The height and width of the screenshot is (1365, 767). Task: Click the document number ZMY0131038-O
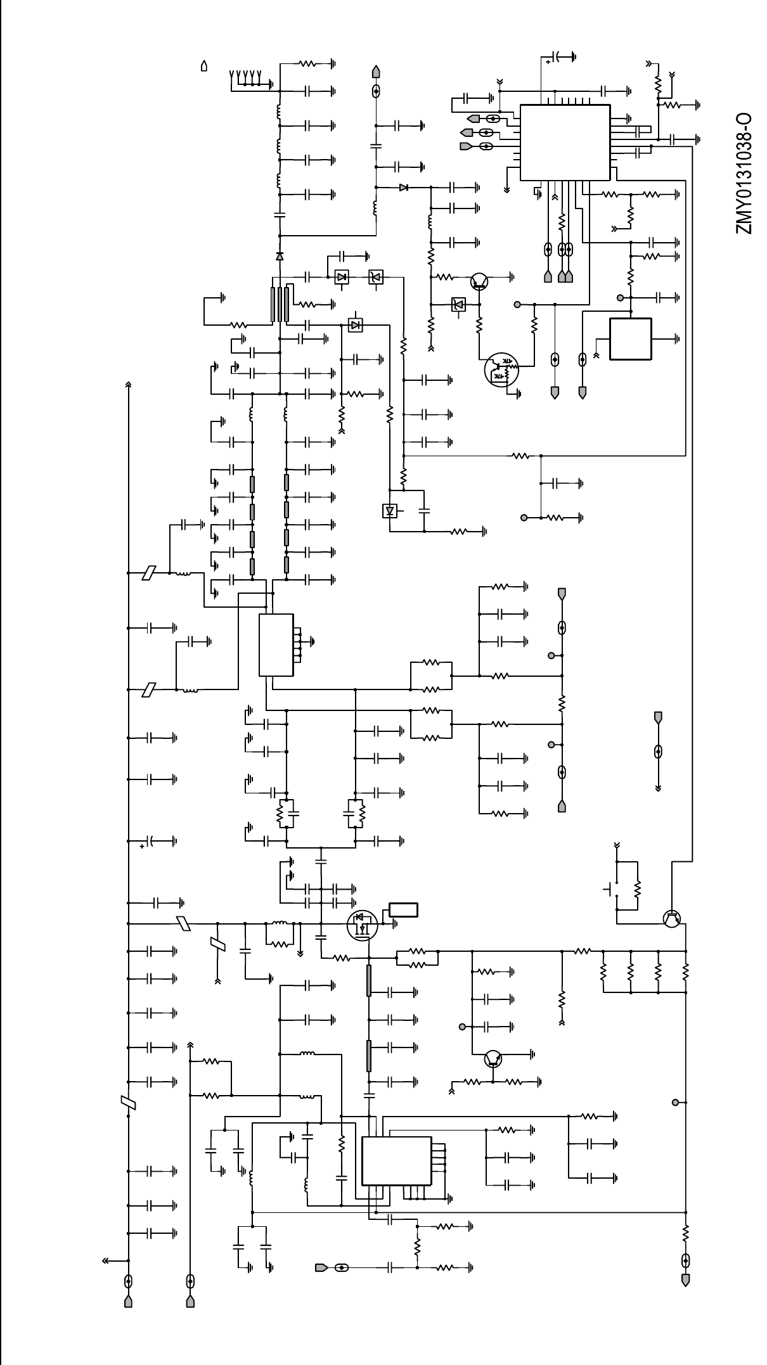[x=744, y=174]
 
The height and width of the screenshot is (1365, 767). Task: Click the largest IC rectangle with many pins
[x=565, y=142]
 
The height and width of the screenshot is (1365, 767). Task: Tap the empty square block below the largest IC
[x=630, y=339]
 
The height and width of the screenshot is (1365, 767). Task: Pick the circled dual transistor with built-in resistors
[x=501, y=371]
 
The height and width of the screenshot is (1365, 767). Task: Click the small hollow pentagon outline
[x=204, y=65]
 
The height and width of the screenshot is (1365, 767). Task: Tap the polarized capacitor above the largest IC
[x=557, y=57]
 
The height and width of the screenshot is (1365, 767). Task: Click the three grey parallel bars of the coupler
[x=280, y=304]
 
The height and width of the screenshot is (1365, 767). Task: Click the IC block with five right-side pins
[x=397, y=1160]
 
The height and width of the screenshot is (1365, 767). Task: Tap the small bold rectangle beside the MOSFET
[x=403, y=910]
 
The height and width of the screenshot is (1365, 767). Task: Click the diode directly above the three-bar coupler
[x=280, y=256]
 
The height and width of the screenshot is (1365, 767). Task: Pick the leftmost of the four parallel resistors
[x=603, y=971]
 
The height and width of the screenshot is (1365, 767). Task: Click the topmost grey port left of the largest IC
[x=473, y=119]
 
